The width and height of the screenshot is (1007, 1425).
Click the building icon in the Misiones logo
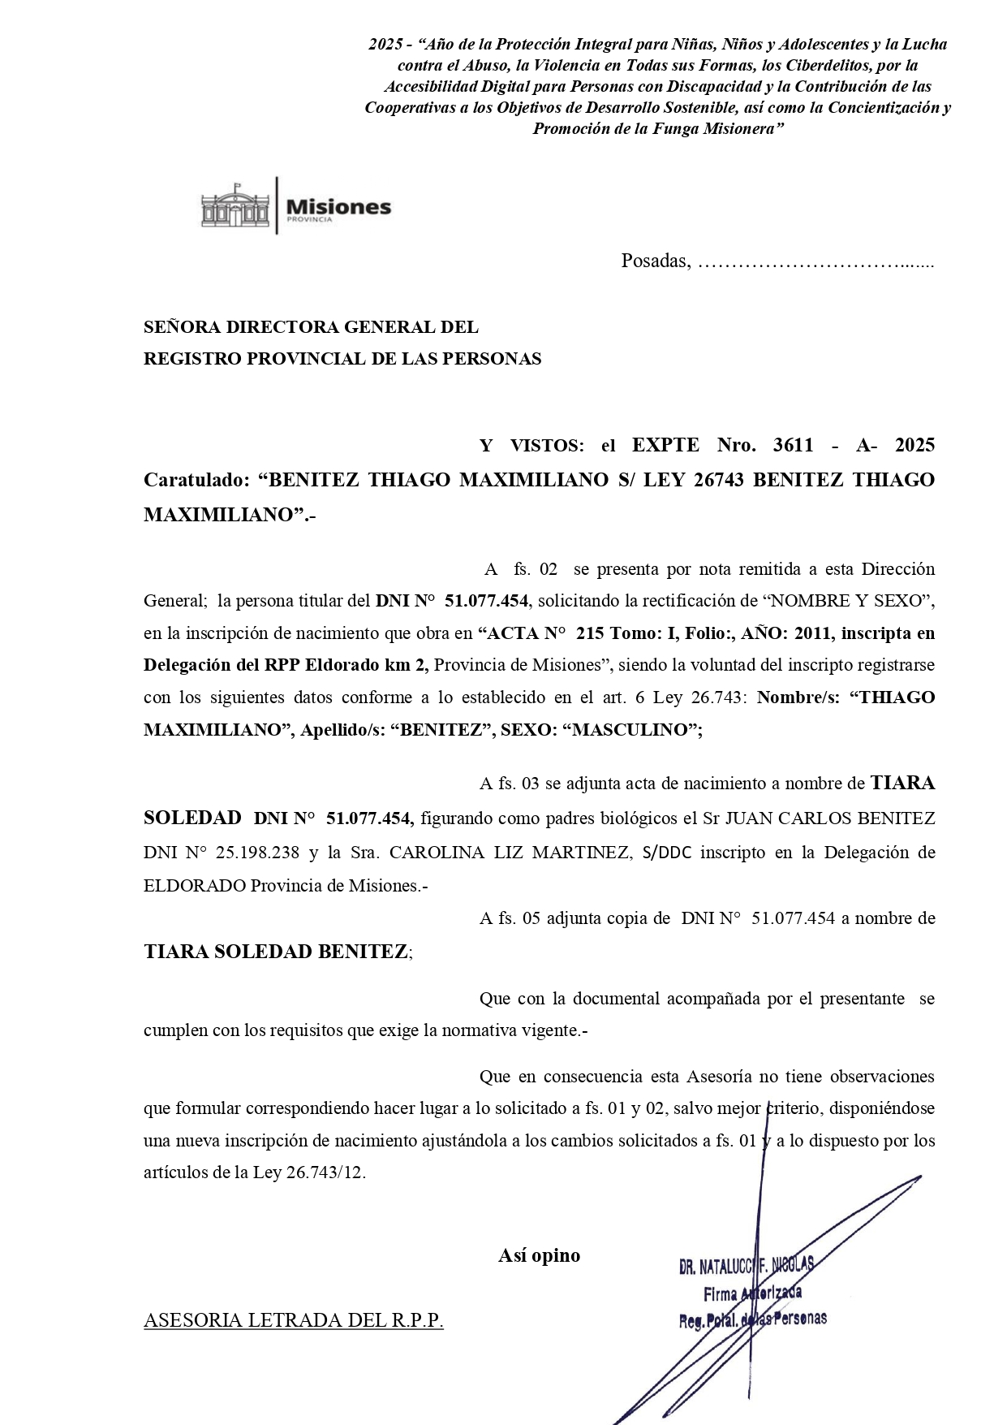click(x=235, y=206)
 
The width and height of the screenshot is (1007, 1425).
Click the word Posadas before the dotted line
click(x=654, y=261)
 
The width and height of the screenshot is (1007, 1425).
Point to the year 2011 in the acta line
click(x=813, y=633)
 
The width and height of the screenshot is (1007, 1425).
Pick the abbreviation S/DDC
click(x=667, y=853)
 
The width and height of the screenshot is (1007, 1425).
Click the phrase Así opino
click(x=539, y=1255)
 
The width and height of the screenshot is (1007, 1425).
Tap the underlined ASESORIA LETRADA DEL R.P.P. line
click(x=294, y=1320)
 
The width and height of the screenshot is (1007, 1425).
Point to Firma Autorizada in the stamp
click(x=752, y=1293)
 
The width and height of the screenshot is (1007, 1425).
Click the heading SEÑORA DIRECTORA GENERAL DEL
click(x=311, y=327)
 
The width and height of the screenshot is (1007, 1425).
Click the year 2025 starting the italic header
click(x=385, y=45)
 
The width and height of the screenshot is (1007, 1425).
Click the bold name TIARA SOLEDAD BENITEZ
click(x=276, y=952)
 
